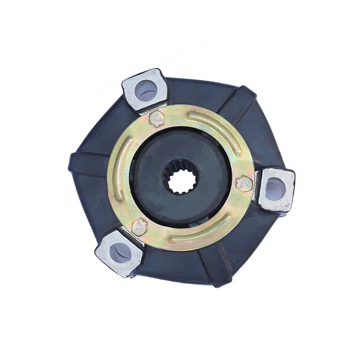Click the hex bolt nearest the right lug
pos(244,183)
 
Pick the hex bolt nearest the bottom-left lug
pos(139,226)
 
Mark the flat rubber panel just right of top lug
pos(198,92)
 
